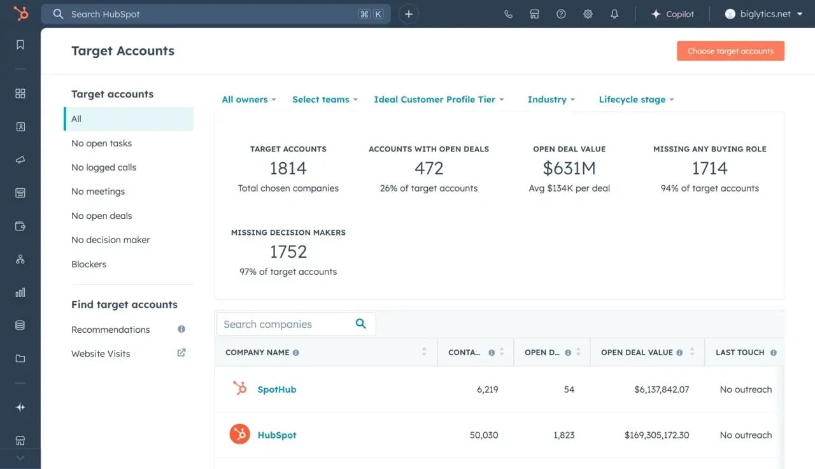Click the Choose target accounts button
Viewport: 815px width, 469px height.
730,51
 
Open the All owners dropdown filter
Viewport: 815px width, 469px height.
248,99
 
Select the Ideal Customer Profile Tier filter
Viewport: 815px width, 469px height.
439,99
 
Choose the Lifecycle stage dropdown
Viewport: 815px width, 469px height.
636,99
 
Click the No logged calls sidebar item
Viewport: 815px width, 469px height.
104,167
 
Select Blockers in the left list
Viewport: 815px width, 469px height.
89,264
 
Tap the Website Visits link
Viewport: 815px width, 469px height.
101,354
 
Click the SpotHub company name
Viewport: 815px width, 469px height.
277,389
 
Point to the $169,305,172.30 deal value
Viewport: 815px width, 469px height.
656,435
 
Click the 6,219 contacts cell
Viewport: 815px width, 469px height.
487,389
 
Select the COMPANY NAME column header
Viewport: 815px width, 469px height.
257,353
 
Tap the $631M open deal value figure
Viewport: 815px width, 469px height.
569,169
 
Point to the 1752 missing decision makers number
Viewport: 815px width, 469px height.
288,252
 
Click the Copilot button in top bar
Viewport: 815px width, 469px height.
672,14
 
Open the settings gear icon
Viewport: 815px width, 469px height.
588,14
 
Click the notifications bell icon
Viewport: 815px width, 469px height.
614,14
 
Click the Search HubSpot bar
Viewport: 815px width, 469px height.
204,14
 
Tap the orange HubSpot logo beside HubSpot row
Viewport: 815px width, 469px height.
240,435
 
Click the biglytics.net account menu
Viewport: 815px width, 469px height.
763,14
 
